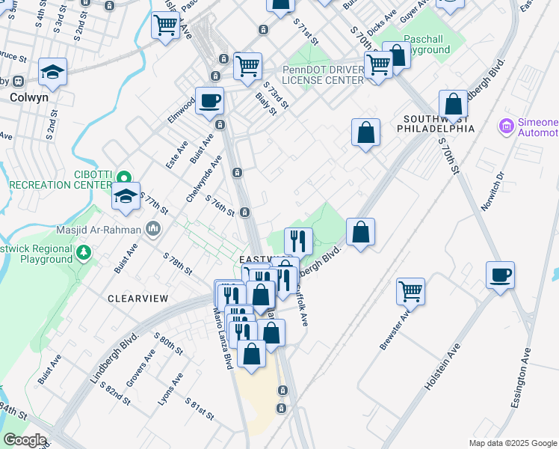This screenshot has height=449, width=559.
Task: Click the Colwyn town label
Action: point(29,97)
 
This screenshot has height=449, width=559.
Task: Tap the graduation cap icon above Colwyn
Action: point(52,72)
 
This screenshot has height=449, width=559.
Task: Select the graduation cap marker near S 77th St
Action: point(126,197)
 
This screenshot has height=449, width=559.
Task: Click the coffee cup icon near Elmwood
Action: point(209,100)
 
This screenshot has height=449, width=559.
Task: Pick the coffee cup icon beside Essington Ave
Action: point(500,274)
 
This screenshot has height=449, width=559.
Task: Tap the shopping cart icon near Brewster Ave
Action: point(410,290)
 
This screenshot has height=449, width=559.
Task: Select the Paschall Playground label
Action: point(427,44)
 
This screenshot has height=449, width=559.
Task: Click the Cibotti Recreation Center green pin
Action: point(124,177)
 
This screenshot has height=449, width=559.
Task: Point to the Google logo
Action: point(25,440)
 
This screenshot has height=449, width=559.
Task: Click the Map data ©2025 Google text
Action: point(513,443)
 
